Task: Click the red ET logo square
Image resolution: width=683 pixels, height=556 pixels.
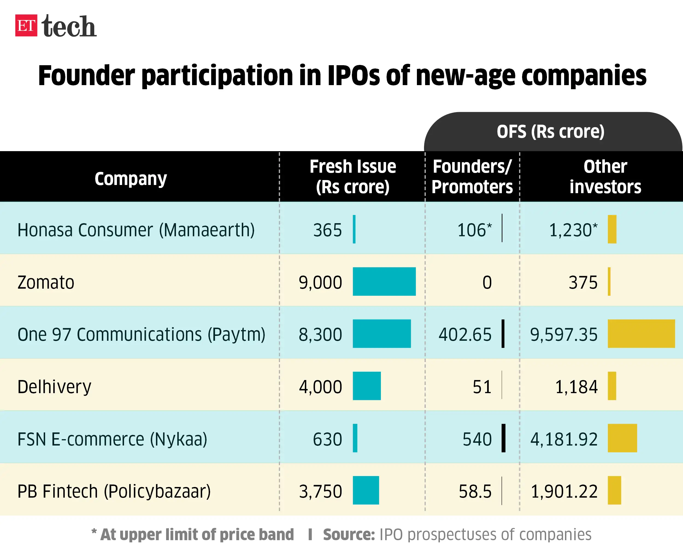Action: (x=26, y=26)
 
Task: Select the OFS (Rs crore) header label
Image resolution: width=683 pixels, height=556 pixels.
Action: (x=550, y=131)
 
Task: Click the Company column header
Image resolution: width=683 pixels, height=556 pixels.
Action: (x=131, y=178)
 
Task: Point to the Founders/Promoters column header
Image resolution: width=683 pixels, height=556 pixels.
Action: (x=472, y=177)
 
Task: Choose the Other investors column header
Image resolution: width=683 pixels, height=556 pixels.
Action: (x=605, y=177)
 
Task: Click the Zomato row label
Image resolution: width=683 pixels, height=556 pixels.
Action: (x=46, y=282)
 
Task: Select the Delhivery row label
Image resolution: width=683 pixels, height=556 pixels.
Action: (x=54, y=387)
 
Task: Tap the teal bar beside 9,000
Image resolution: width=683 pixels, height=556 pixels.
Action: (x=384, y=281)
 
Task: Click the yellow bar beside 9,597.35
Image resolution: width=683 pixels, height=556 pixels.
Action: (x=641, y=333)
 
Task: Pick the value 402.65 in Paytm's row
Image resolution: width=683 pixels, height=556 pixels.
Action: (x=465, y=334)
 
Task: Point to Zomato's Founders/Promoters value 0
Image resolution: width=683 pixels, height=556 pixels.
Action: (x=487, y=282)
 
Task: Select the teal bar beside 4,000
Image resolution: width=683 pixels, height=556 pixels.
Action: (x=367, y=385)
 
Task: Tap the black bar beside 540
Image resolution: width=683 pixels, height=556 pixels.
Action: (x=504, y=438)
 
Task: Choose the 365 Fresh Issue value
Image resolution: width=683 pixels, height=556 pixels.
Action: (x=327, y=230)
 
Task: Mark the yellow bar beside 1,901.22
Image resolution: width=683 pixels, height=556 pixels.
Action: (x=614, y=490)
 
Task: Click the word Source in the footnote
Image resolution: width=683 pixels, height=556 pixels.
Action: (x=349, y=534)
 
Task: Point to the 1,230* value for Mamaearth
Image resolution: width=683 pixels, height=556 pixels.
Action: (x=573, y=230)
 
